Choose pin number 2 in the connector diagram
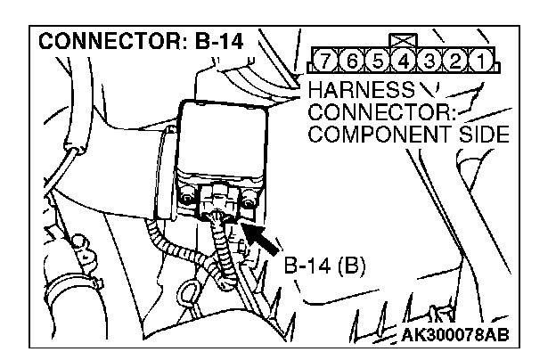pos(455,63)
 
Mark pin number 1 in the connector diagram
pos(482,63)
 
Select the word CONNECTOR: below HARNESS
pos(381,112)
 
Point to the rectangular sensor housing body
pos(223,143)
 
